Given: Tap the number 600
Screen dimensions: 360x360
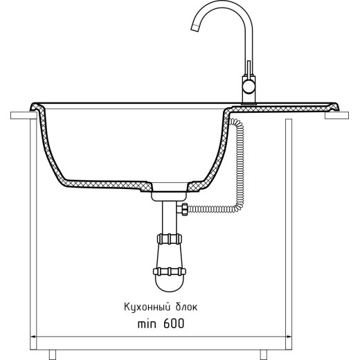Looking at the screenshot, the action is pos(174,323).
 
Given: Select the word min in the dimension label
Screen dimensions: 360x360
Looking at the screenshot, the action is pos(147,324).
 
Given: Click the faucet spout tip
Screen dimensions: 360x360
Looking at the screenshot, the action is pos(195,28).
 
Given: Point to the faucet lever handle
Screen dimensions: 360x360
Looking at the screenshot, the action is pos(249,68).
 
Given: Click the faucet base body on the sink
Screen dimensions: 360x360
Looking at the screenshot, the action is pos(249,90).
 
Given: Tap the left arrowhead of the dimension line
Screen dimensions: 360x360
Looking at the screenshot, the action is pos(33,336).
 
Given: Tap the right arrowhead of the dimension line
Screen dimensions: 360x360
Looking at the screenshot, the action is pos(289,336).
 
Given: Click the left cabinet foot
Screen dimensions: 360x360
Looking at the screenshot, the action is pos(53,354).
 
